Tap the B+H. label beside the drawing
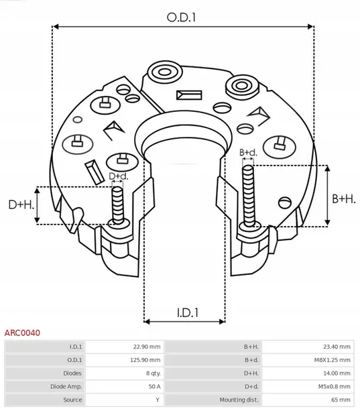[344, 199]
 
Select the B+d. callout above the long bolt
[249, 153]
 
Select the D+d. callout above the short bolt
[118, 176]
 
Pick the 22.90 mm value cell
[147, 347]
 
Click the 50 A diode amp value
[154, 386]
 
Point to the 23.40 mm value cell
[337, 347]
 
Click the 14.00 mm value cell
[337, 373]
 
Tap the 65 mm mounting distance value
[341, 400]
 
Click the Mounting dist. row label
[241, 400]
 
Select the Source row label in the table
[72, 400]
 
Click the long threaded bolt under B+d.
[249, 194]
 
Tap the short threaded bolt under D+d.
[118, 204]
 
